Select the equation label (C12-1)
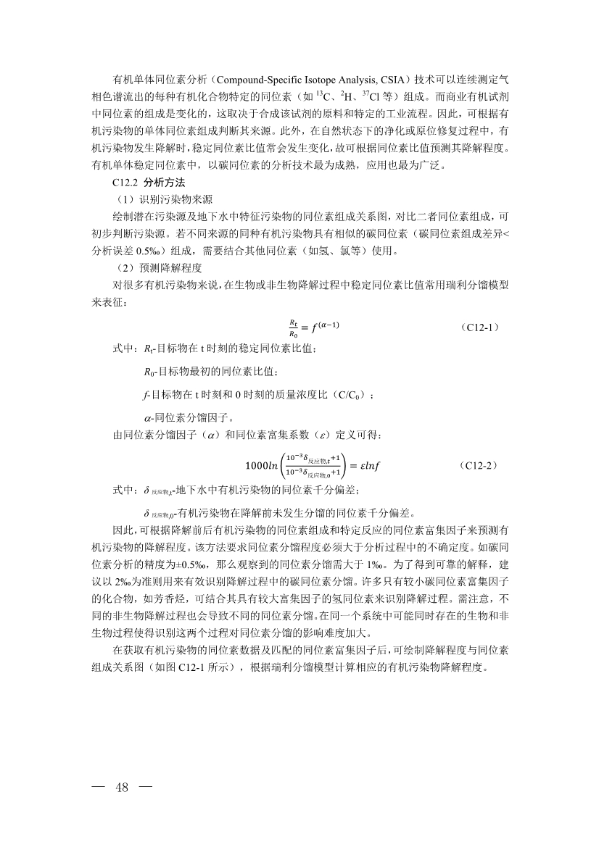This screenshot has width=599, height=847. click(x=479, y=327)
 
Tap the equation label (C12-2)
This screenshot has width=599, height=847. click(x=479, y=464)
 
